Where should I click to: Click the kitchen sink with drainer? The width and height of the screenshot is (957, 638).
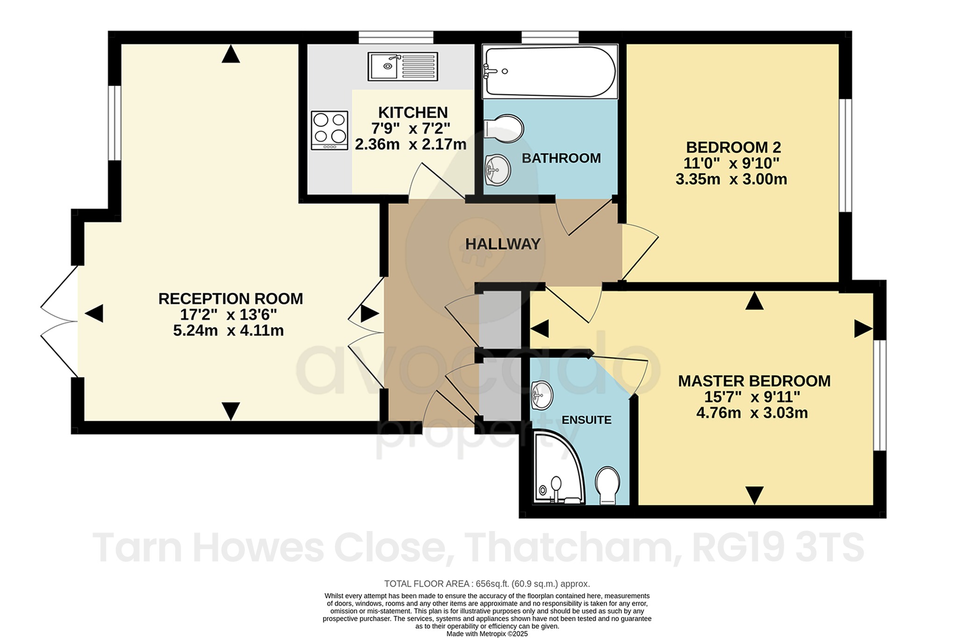(x=403, y=66)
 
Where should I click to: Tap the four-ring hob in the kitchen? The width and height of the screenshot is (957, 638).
(x=329, y=130)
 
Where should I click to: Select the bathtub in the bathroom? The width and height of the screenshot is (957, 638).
(x=550, y=71)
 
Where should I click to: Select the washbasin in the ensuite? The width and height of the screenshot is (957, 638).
(x=542, y=395)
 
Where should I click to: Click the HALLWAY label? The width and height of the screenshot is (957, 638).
(x=503, y=244)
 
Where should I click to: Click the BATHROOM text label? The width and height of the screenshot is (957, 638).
(x=561, y=158)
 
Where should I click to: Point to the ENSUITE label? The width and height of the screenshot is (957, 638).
(x=586, y=420)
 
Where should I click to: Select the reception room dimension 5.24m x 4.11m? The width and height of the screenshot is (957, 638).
(x=229, y=331)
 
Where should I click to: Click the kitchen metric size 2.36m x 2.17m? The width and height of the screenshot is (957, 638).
(x=411, y=144)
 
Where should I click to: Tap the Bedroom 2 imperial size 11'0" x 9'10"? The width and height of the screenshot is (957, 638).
(x=732, y=163)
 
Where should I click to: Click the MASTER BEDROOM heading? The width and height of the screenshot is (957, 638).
(x=754, y=381)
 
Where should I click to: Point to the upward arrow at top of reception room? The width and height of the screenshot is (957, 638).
(x=231, y=55)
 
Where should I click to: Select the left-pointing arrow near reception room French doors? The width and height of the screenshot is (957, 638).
(x=94, y=313)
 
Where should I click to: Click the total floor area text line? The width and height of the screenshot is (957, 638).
(x=487, y=584)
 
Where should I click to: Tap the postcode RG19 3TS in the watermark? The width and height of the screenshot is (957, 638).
(x=778, y=548)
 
